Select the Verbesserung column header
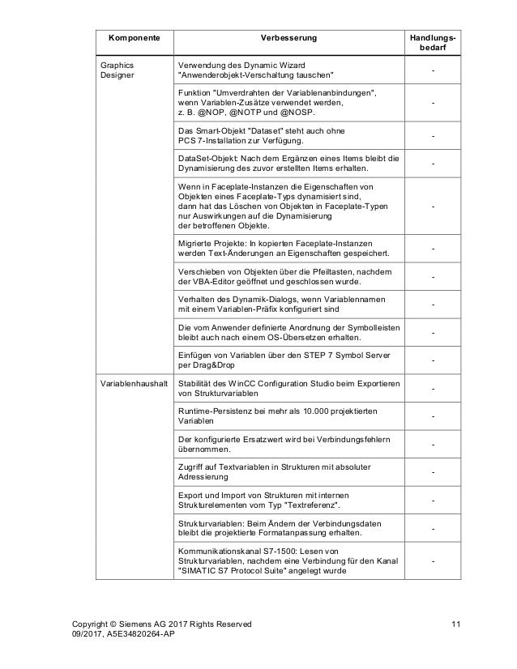(288, 38)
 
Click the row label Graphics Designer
(118, 70)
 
